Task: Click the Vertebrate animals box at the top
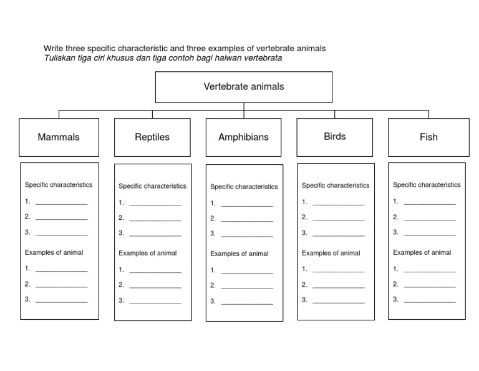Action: (x=243, y=87)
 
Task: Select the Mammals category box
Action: (x=59, y=137)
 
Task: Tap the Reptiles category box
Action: (x=152, y=137)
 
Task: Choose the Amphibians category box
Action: (x=243, y=137)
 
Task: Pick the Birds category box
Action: (x=334, y=137)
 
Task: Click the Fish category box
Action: (x=428, y=137)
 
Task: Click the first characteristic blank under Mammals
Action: (x=61, y=202)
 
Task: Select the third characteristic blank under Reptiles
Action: (x=155, y=234)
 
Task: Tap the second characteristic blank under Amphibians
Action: (x=247, y=219)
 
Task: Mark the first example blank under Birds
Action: (x=338, y=270)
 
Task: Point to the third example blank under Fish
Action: (x=429, y=300)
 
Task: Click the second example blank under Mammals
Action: (x=61, y=285)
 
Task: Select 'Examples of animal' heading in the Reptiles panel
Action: (x=147, y=253)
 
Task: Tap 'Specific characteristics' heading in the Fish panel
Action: (x=427, y=185)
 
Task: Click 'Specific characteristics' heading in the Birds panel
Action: (x=336, y=185)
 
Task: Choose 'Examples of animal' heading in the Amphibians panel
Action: (x=239, y=254)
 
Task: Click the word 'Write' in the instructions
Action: (x=53, y=49)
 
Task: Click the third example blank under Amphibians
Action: (x=247, y=302)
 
